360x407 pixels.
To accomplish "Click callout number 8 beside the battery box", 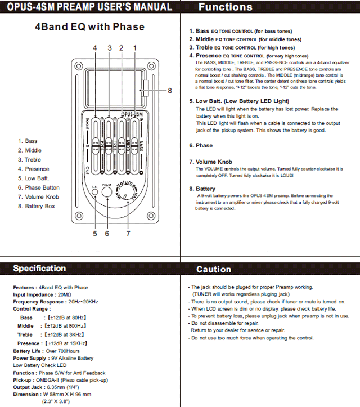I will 169,90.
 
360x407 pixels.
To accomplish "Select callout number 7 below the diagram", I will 128,233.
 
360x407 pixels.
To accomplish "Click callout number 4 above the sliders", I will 94,48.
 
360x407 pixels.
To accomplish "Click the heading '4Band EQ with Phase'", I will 89,26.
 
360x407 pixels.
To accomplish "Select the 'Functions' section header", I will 226,7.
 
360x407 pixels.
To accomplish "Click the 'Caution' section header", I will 214,270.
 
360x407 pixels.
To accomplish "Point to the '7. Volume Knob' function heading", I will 210,162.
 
